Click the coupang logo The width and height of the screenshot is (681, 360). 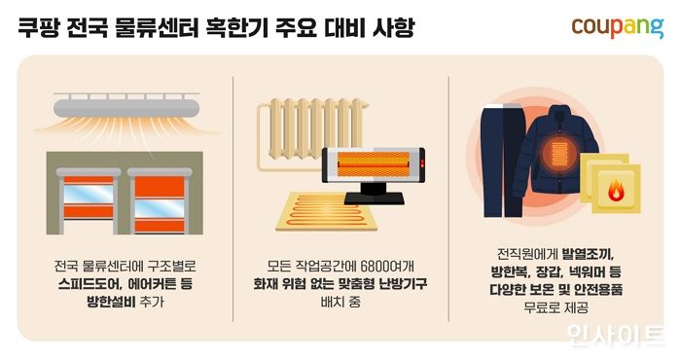616,28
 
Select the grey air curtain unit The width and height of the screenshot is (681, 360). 126,105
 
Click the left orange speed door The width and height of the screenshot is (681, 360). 90,203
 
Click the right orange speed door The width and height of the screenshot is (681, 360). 161,203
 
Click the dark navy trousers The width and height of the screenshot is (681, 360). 503,161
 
